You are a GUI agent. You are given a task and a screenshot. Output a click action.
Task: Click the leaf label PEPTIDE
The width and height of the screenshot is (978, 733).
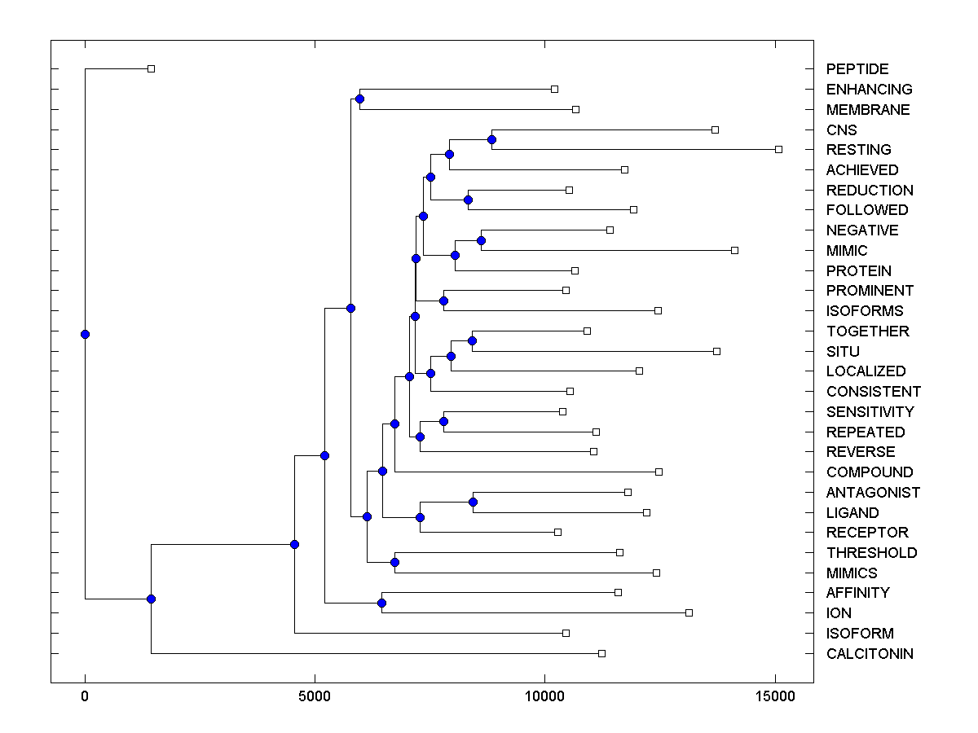pyautogui.click(x=857, y=69)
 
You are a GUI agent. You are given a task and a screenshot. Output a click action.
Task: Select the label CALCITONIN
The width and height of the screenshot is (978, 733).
pyautogui.click(x=870, y=654)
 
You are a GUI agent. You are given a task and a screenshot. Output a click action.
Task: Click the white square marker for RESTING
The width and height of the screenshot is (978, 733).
pyautogui.click(x=778, y=149)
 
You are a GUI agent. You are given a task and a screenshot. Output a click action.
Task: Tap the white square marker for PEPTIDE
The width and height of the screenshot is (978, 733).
pyautogui.click(x=151, y=68)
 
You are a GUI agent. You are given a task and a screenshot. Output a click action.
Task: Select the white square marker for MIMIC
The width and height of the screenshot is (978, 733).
pyautogui.click(x=734, y=250)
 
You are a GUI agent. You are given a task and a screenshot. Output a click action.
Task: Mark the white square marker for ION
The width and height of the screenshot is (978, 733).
pyautogui.click(x=689, y=612)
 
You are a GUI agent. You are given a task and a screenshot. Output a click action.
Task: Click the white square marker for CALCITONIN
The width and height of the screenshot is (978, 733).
pyautogui.click(x=601, y=653)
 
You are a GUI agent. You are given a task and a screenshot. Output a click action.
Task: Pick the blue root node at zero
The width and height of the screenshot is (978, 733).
pyautogui.click(x=85, y=334)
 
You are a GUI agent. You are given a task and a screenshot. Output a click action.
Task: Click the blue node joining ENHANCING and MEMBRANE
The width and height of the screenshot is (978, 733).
pyautogui.click(x=359, y=99)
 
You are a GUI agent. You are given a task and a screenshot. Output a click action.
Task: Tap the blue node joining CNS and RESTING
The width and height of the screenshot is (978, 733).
pyautogui.click(x=491, y=139)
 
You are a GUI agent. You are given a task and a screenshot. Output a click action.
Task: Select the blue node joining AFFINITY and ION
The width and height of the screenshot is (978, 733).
pyautogui.click(x=381, y=603)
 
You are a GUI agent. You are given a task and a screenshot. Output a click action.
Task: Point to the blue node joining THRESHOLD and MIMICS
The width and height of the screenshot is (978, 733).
pyautogui.click(x=394, y=562)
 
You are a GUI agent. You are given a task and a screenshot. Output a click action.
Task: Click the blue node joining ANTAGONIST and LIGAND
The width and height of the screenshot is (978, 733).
pyautogui.click(x=473, y=503)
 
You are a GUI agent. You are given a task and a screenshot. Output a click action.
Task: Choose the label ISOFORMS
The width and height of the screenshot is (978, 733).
pyautogui.click(x=864, y=311)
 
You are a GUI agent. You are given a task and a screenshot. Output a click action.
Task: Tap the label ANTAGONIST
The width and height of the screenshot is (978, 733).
pyautogui.click(x=873, y=493)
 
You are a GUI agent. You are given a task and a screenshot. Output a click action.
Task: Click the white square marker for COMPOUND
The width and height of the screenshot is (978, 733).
pyautogui.click(x=659, y=472)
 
